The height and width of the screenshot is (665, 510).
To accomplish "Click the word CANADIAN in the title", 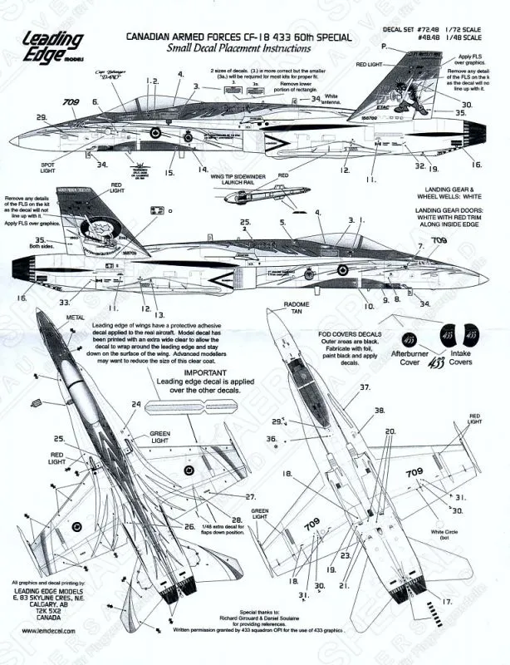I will coord(152,38).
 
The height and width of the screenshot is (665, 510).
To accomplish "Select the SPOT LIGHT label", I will coord(47,169).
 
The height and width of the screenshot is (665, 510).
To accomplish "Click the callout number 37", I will coord(364,388).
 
